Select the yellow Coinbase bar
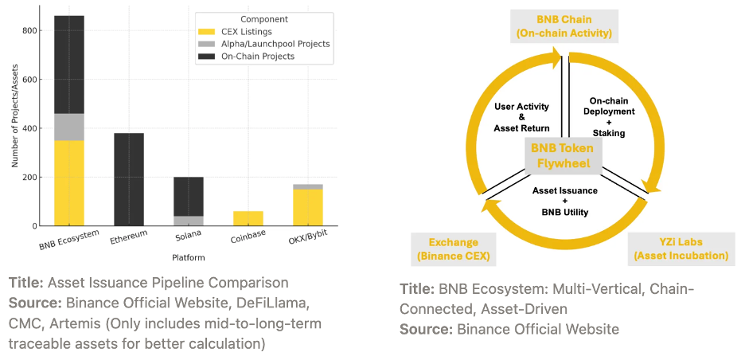pos(248,218)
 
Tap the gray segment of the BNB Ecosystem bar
pos(69,127)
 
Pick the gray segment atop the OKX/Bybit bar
pos(308,186)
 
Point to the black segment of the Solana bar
pos(189,196)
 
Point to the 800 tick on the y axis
pos(28,30)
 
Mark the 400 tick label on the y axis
pos(28,128)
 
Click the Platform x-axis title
pos(189,257)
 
